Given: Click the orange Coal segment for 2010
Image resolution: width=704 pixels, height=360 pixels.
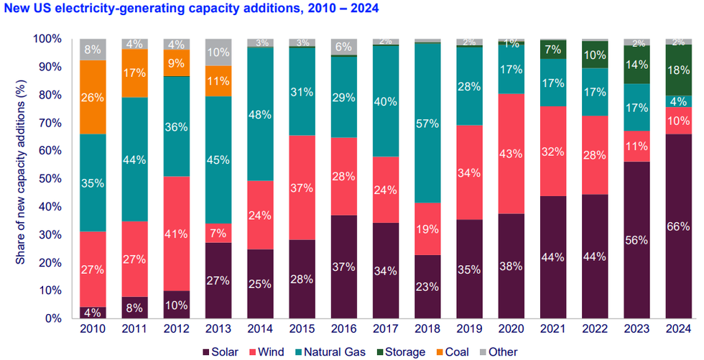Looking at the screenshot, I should coord(93,96).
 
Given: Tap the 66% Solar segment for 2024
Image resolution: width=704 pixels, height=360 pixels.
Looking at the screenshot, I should coord(679,226).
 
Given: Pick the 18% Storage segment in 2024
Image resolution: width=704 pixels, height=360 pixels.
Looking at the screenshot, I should coord(679,70).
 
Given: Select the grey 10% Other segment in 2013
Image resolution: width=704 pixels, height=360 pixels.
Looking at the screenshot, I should coord(218,52).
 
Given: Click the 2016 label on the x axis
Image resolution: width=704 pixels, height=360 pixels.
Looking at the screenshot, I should coord(344,329).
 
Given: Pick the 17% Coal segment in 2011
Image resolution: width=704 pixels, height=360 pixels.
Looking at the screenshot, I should coord(134,73).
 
